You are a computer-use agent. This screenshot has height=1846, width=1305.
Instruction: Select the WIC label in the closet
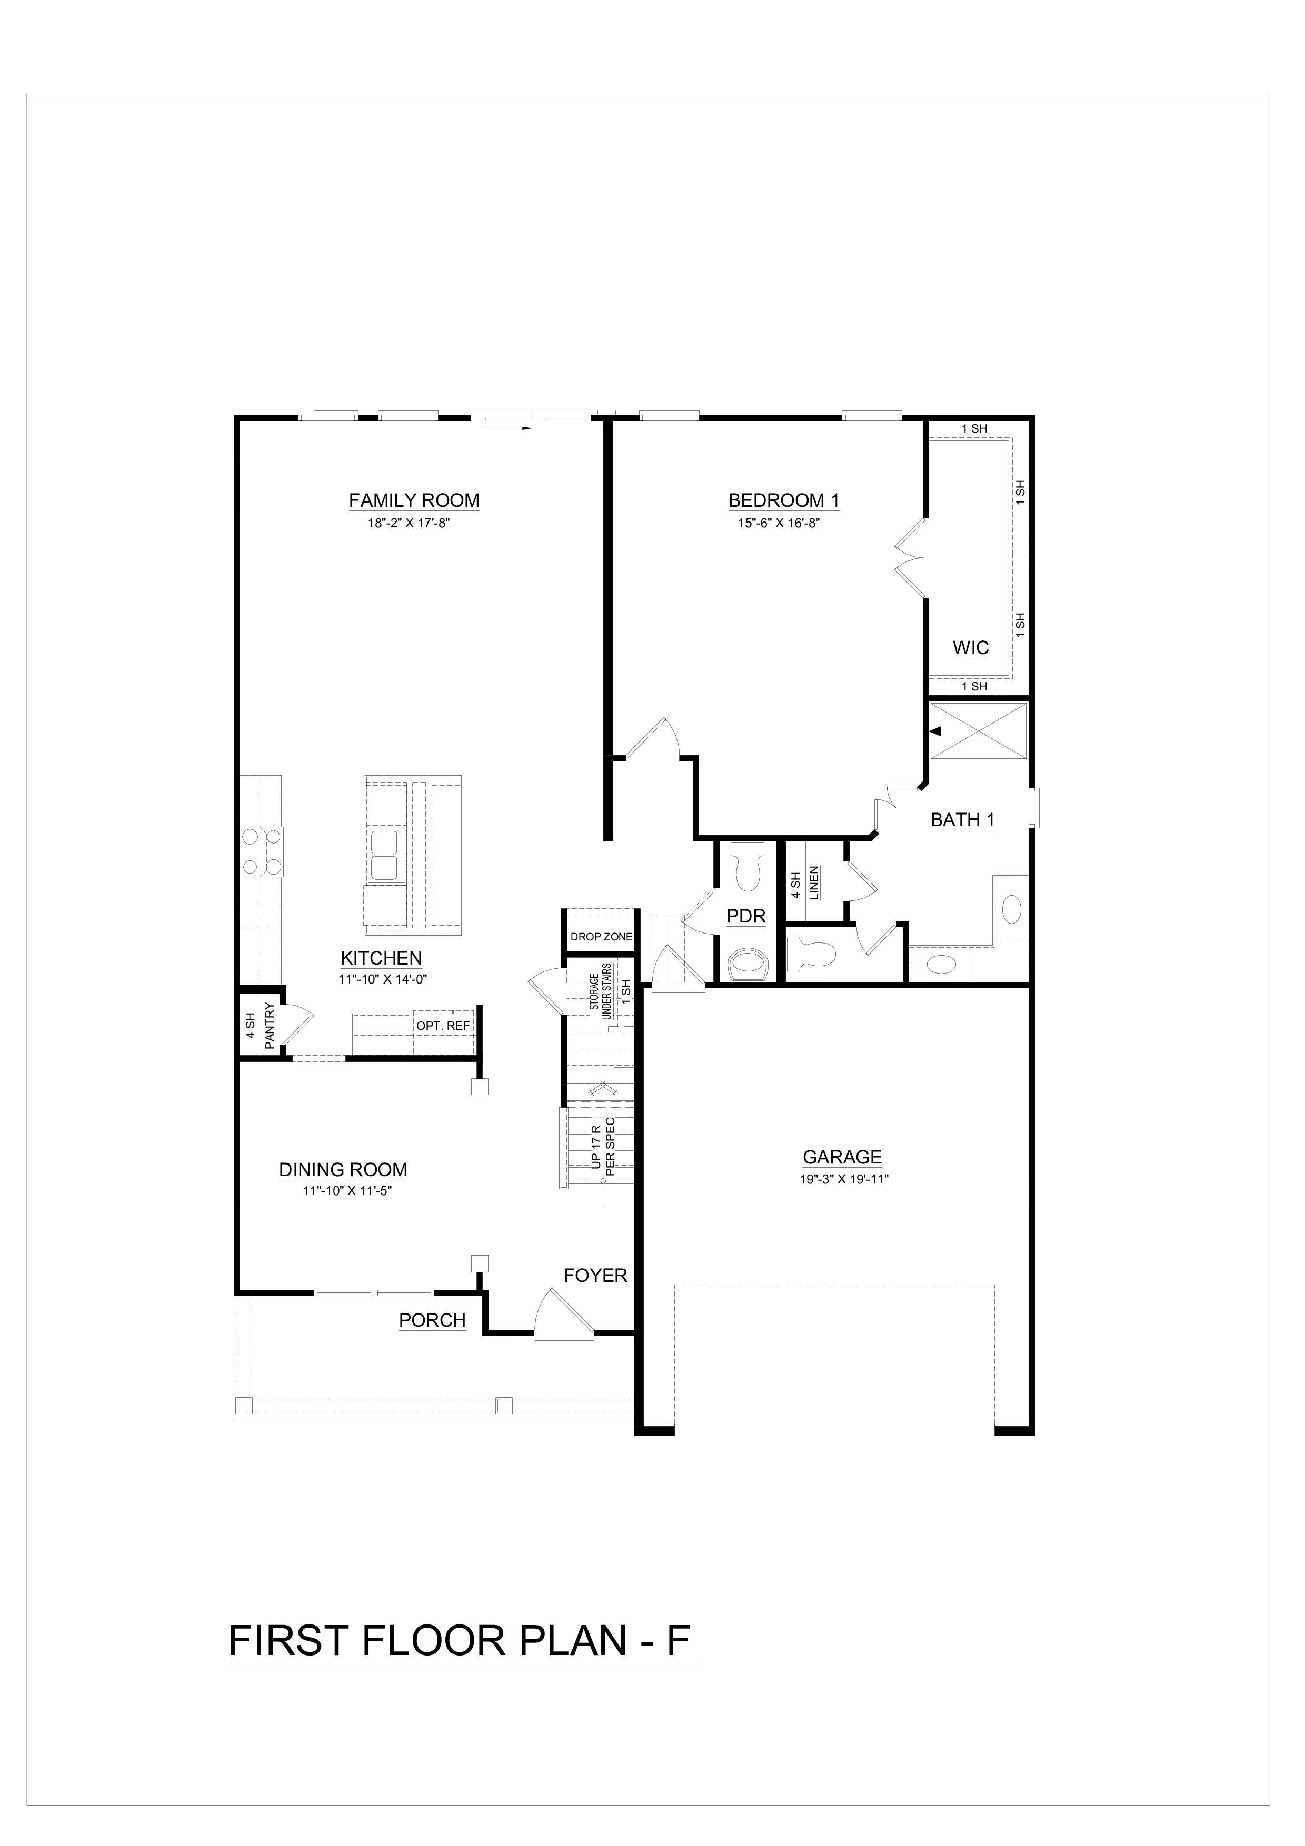pyautogui.click(x=971, y=648)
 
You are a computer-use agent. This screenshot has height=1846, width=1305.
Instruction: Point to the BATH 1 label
pyautogui.click(x=962, y=820)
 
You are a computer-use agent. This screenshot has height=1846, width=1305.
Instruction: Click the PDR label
pyautogui.click(x=746, y=916)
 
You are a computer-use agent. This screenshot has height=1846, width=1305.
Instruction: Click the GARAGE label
pyautogui.click(x=842, y=1157)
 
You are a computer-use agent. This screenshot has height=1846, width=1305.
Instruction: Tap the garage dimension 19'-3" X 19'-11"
pyautogui.click(x=842, y=1179)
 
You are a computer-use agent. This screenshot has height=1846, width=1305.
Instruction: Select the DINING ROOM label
pyautogui.click(x=343, y=1170)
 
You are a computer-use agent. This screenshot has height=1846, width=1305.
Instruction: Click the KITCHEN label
pyautogui.click(x=381, y=958)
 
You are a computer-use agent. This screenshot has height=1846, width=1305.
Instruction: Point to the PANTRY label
pyautogui.click(x=270, y=1024)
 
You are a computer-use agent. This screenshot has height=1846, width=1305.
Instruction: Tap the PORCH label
pyautogui.click(x=433, y=1320)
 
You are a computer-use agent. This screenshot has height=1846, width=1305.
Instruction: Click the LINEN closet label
pyautogui.click(x=814, y=883)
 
